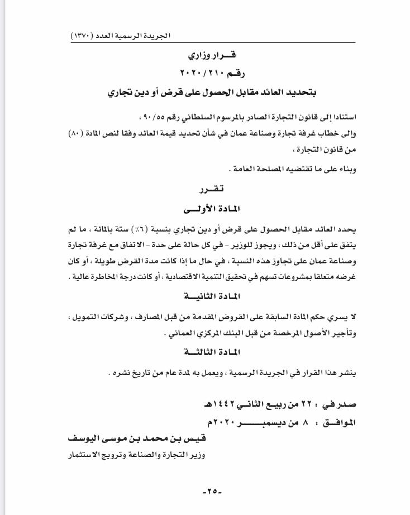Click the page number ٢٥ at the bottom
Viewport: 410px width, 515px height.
(212, 492)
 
